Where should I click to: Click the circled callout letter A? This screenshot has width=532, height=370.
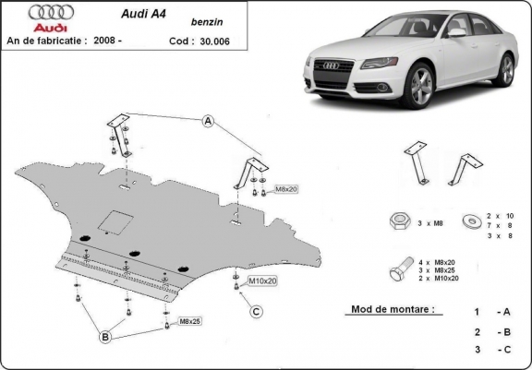click(210, 122)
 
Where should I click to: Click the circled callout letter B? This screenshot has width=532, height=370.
click(106, 338)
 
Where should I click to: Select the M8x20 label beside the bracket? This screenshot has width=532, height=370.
click(284, 190)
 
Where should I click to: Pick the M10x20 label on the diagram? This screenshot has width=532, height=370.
click(261, 279)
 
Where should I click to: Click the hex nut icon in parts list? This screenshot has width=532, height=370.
click(401, 221)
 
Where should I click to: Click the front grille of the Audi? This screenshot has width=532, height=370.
click(331, 67)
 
